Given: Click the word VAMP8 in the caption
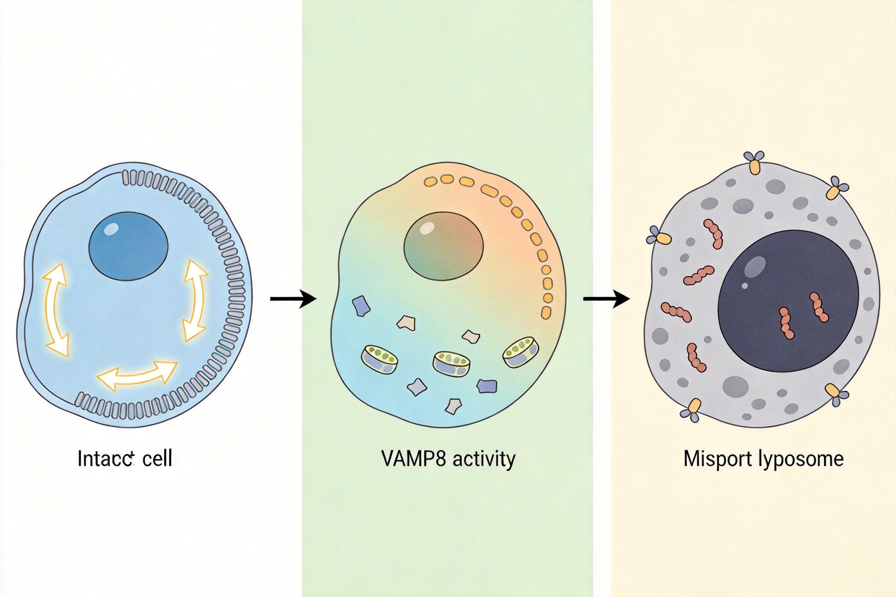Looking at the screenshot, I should tap(413, 459).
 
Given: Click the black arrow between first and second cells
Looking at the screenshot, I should tap(293, 299).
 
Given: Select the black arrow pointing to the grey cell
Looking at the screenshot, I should tap(606, 299).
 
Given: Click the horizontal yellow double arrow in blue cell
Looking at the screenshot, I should tap(137, 373).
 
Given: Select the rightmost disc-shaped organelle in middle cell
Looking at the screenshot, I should tap(521, 351).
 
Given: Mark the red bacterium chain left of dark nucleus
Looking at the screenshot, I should tap(676, 312).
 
